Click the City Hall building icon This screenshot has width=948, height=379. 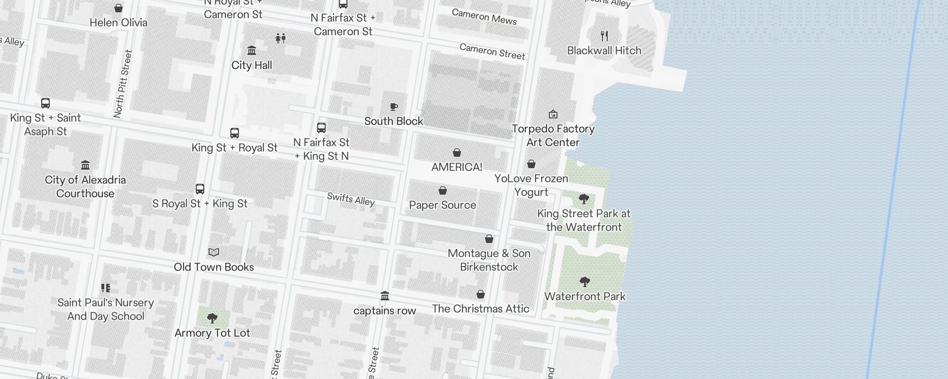252,50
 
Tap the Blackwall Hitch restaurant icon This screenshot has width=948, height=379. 604,36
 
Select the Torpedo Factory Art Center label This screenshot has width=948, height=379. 553,135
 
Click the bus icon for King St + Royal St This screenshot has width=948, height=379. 235,133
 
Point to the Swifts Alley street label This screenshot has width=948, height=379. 351,199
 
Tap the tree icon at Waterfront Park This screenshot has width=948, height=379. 585,282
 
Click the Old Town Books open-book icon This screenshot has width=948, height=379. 214,252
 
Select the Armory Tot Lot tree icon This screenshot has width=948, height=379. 212,318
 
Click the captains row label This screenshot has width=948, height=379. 384,311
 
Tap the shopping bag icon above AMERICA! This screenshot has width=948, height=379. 456,153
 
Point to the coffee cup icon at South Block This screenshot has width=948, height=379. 393,107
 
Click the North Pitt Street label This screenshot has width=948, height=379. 123,84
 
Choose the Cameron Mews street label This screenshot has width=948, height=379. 484,17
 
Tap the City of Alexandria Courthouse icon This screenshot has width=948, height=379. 85,165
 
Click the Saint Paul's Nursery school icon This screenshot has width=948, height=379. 106,288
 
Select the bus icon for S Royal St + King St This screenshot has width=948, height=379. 200,189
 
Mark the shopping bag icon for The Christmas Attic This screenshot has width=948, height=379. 481,294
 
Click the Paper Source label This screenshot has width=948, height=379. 442,205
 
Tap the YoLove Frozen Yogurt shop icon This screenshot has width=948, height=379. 531,164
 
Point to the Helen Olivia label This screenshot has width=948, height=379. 118,22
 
